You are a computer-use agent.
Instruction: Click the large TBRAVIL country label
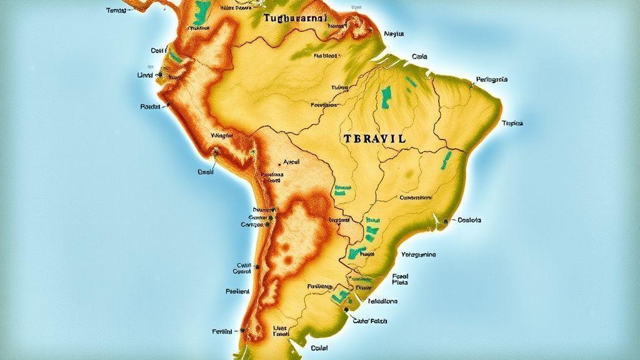[x=374, y=139]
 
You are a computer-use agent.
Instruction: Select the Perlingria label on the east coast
[x=491, y=79]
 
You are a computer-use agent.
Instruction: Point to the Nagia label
[x=394, y=34]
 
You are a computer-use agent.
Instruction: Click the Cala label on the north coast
[x=419, y=56]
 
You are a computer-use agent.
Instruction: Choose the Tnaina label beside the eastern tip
[x=512, y=123]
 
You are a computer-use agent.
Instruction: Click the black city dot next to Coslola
[x=446, y=221]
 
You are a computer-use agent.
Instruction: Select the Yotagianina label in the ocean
[x=418, y=254]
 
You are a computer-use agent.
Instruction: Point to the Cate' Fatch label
[x=370, y=321]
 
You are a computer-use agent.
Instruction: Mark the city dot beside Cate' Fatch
[x=346, y=309]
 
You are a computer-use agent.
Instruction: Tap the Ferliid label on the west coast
[x=222, y=331]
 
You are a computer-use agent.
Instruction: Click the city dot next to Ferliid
[x=241, y=331]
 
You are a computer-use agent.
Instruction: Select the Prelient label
[x=237, y=291]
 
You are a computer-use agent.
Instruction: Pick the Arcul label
[x=292, y=161]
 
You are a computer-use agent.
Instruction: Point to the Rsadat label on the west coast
[x=152, y=107]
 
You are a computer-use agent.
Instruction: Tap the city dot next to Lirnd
[x=161, y=74]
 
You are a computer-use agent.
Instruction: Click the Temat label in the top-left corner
[x=116, y=11]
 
